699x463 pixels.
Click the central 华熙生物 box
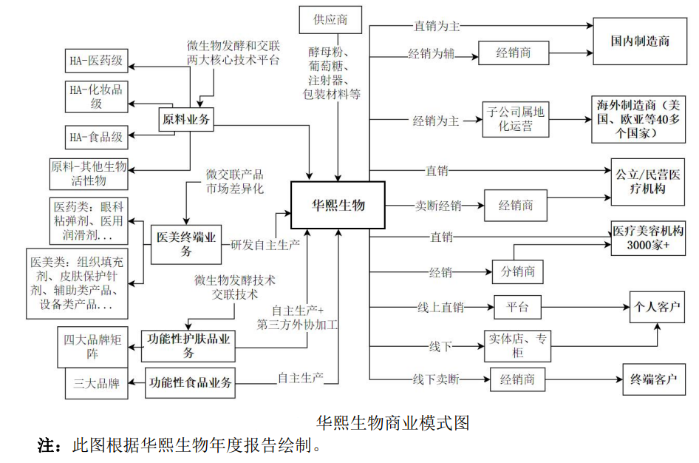pos(337,205)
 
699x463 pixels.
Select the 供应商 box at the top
pos(330,19)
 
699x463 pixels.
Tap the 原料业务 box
pos(187,119)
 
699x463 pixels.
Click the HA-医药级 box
pos(96,63)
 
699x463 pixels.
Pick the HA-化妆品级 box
pos(96,96)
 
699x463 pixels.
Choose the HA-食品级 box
pos(96,136)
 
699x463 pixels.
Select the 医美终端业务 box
pos(186,245)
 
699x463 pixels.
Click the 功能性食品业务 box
pos(191,382)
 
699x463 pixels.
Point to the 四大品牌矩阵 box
pos(92,347)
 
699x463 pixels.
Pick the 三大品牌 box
pos(92,384)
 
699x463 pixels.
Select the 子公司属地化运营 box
pos(516,119)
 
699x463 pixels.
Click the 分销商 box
pos(517,271)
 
